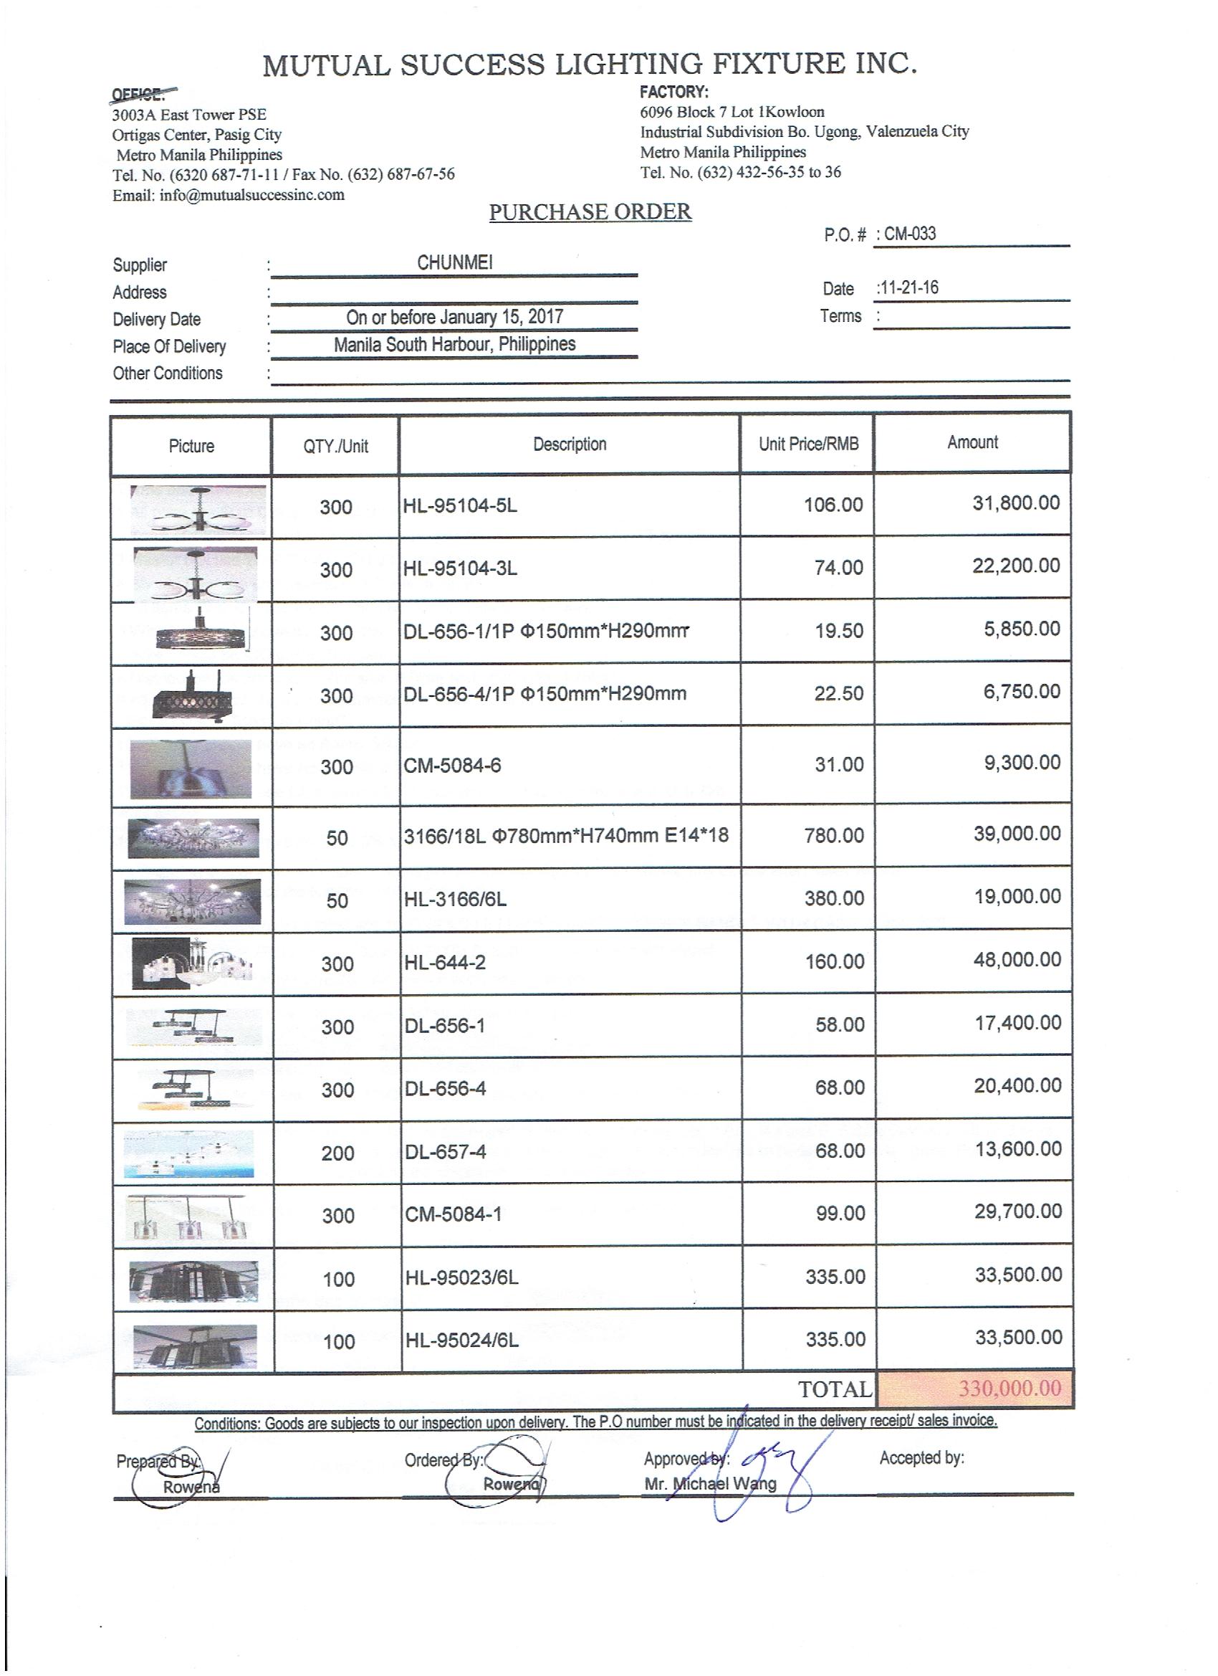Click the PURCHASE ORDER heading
pyautogui.click(x=590, y=212)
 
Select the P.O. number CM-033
pyautogui.click(x=909, y=234)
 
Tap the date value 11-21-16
pyautogui.click(x=908, y=287)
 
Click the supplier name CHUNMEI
pyautogui.click(x=454, y=262)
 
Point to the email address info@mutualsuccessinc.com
pyautogui.click(x=251, y=195)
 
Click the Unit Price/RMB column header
pyautogui.click(x=808, y=444)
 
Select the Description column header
pyautogui.click(x=570, y=444)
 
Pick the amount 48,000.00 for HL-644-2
pyautogui.click(x=1017, y=959)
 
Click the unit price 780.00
pyautogui.click(x=834, y=835)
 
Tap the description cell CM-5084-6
pyautogui.click(x=452, y=765)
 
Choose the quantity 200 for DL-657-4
pyautogui.click(x=337, y=1153)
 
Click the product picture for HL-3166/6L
pyautogui.click(x=192, y=901)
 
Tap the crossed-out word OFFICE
pyautogui.click(x=138, y=95)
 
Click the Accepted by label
pyautogui.click(x=921, y=1457)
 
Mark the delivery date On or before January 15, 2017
pyautogui.click(x=454, y=317)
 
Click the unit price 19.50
pyautogui.click(x=838, y=630)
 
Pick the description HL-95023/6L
pyautogui.click(x=461, y=1277)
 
